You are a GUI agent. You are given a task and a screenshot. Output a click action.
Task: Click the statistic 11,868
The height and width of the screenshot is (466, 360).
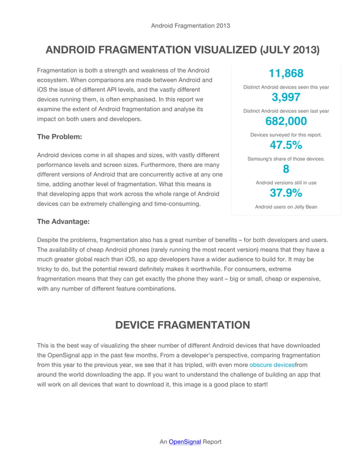286,73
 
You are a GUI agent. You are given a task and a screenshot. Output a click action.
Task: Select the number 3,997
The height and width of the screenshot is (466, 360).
286,98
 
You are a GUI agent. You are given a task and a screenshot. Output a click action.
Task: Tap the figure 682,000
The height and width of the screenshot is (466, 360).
286,122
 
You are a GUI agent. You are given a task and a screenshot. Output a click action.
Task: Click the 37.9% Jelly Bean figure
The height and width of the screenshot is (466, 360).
286,194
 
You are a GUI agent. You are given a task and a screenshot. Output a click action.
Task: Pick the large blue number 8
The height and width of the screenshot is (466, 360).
286,170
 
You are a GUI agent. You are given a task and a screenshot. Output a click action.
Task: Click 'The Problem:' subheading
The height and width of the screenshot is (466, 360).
59,137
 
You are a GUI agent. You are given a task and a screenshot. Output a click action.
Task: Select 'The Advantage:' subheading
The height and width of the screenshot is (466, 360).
63,222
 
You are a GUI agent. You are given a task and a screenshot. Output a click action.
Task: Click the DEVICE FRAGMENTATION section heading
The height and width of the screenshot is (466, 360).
182,325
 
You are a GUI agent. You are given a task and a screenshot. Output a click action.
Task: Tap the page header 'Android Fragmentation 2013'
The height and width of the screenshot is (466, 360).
190,25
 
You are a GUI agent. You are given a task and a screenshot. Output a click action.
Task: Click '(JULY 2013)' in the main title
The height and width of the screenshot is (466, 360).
288,50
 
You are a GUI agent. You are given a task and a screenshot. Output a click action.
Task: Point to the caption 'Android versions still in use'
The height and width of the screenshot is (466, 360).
286,183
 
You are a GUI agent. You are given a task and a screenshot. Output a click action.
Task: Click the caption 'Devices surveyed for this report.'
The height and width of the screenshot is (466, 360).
286,135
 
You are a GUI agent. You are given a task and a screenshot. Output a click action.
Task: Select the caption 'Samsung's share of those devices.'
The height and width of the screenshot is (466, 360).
286,159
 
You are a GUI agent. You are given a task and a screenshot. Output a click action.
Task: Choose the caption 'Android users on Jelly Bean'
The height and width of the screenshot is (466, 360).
286,207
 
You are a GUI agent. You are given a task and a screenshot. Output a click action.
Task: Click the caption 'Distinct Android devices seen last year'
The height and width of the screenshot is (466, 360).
286,111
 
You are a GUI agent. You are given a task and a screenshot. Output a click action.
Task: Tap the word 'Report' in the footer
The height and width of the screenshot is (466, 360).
212,442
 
